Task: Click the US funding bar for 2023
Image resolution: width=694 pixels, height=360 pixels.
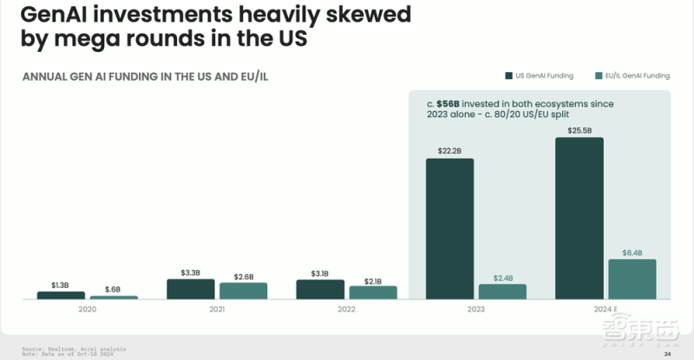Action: click(x=449, y=228)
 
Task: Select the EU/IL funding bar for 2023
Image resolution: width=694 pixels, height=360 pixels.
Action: click(x=502, y=291)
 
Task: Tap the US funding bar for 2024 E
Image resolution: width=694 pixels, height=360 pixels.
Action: click(x=579, y=218)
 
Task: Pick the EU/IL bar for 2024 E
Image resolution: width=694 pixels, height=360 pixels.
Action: click(x=632, y=278)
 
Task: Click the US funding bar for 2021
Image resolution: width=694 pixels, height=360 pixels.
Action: click(x=190, y=289)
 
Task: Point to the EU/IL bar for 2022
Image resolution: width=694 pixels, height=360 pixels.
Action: click(x=373, y=292)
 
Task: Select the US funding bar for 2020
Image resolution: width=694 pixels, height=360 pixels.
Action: click(x=61, y=295)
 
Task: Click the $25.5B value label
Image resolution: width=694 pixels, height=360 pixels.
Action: click(x=579, y=130)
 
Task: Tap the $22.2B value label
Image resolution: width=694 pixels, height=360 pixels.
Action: click(x=449, y=151)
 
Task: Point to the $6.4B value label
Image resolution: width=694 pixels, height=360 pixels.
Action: click(x=632, y=252)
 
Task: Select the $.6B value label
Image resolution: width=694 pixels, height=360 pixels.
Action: click(x=114, y=289)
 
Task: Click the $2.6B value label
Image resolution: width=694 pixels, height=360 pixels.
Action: click(x=243, y=276)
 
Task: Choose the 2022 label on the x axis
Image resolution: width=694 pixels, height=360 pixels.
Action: click(x=347, y=308)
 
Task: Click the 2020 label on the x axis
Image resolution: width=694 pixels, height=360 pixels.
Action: click(x=87, y=308)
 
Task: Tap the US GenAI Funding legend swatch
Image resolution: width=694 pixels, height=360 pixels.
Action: click(x=508, y=75)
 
